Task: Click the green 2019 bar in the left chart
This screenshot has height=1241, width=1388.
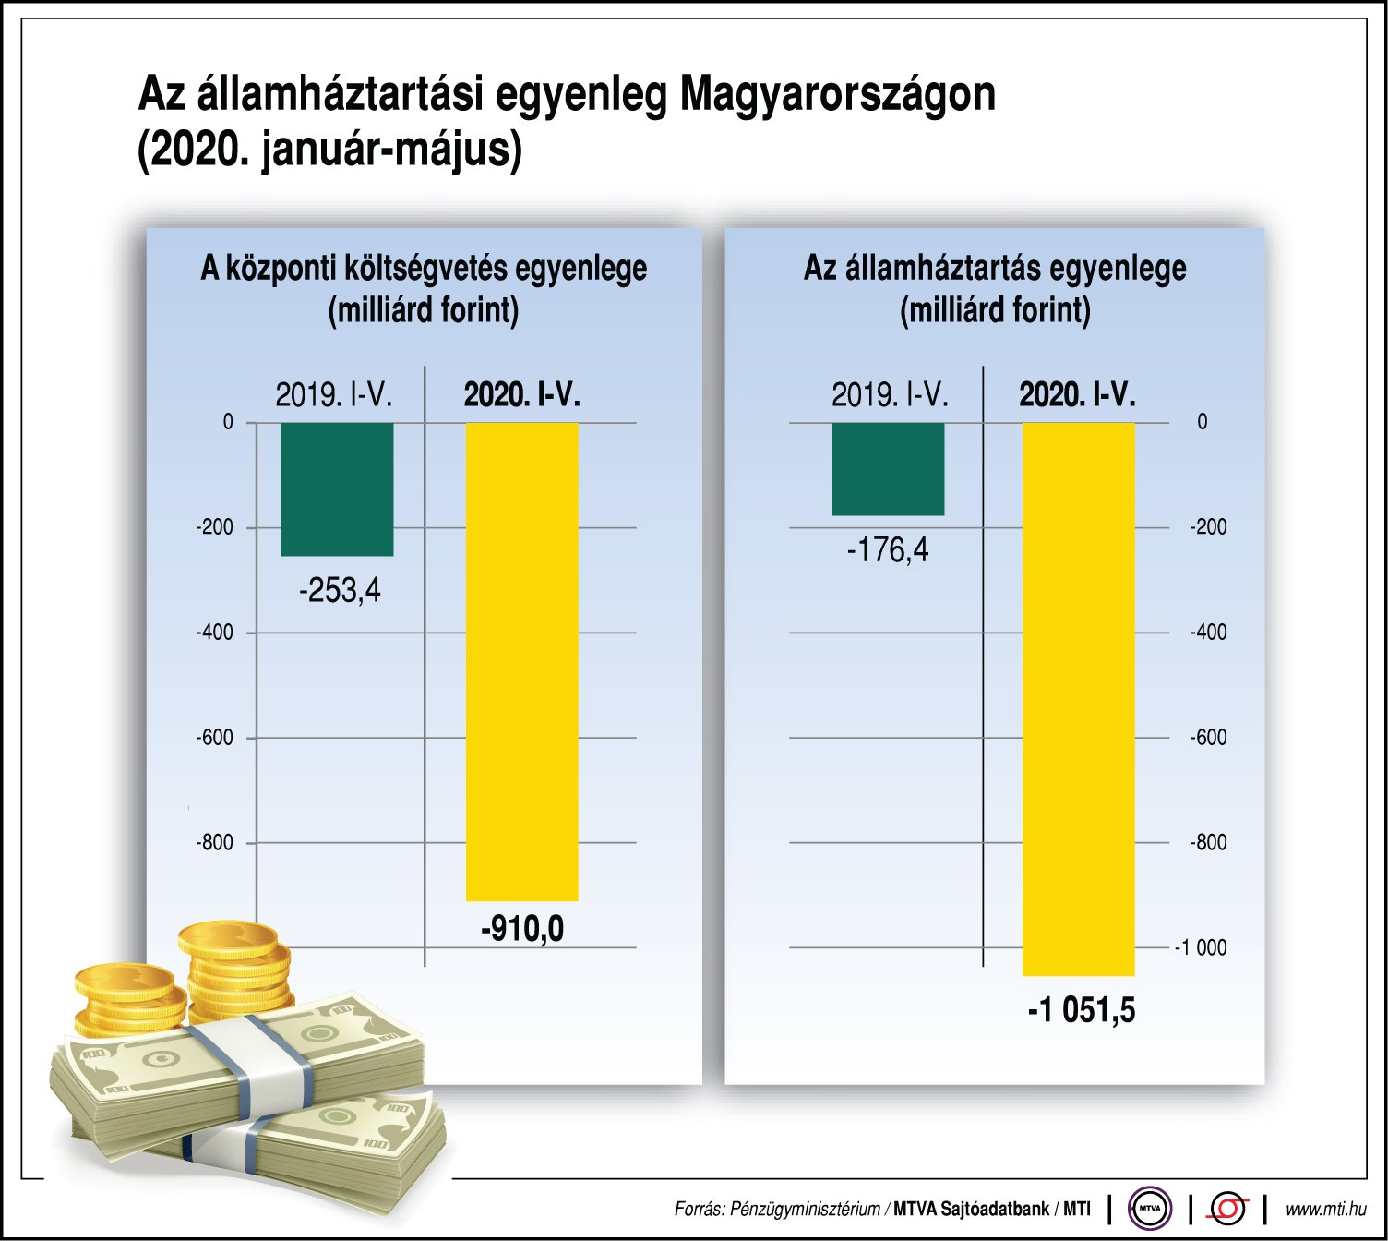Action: coord(337,489)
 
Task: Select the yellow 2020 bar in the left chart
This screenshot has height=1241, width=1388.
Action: coord(521,661)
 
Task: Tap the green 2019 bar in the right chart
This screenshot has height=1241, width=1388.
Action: coord(888,469)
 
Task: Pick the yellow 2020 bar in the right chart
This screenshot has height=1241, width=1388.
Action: coord(1078,698)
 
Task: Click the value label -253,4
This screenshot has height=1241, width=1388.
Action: coord(340,590)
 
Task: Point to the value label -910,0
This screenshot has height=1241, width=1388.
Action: coord(522,928)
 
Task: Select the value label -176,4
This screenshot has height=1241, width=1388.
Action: coord(888,550)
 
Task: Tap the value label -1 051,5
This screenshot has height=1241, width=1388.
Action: coord(1082,1010)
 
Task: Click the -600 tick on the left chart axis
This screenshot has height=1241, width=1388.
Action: coord(214,738)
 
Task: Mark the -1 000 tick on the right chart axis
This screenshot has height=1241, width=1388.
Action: coord(1200,947)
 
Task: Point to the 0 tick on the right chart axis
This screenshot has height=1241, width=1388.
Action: coord(1202,422)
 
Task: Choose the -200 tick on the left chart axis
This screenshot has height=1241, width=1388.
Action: coord(214,527)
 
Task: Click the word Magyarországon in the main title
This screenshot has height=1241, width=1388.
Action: coord(838,94)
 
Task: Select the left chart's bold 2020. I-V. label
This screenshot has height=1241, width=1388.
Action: coord(521,395)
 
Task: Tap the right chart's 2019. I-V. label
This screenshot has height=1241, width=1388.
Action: coord(890,395)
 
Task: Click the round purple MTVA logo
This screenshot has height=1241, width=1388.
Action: coord(1150,1208)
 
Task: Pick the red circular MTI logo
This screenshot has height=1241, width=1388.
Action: coord(1227,1208)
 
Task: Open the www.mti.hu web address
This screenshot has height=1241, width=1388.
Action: coord(1325,1209)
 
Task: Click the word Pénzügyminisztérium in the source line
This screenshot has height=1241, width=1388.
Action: coord(804,1209)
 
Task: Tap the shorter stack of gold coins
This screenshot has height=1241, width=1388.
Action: coord(122,997)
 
